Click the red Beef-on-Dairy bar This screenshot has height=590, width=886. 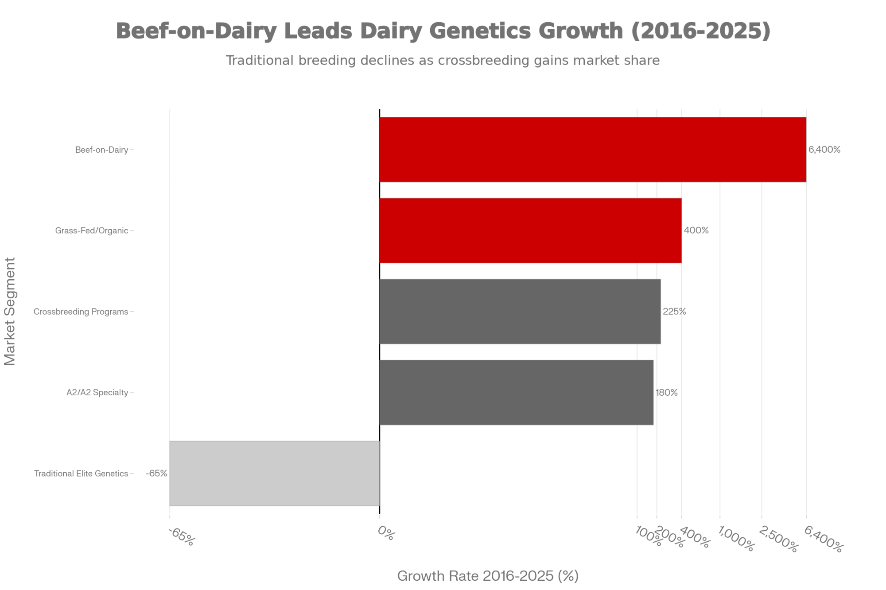tap(593, 150)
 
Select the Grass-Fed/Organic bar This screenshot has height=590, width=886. tap(530, 231)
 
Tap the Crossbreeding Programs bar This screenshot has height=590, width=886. tap(520, 312)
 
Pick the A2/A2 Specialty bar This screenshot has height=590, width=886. tap(516, 393)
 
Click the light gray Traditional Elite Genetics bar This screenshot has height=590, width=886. tap(274, 473)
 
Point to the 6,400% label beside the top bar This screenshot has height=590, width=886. tap(824, 150)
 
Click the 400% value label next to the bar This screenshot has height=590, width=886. tap(696, 231)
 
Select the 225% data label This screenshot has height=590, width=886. tap(674, 312)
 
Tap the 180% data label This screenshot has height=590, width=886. tap(666, 393)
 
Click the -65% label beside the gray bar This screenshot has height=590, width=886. tap(156, 474)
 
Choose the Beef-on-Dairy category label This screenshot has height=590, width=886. tap(101, 150)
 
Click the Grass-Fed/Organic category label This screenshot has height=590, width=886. tap(91, 231)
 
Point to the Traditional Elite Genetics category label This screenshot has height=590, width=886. tap(81, 474)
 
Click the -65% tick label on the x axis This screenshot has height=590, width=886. tap(181, 537)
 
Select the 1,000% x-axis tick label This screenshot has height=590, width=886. tap(735, 539)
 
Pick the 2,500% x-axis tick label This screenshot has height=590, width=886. tap(778, 539)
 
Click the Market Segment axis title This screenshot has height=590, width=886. tap(10, 312)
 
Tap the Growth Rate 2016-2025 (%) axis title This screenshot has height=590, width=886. tap(488, 576)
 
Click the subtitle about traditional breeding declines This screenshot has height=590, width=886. tap(443, 61)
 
